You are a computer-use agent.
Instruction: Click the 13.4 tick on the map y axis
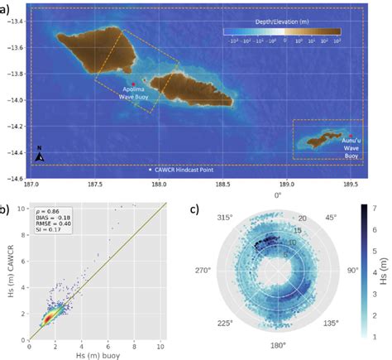(x=15, y=21)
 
